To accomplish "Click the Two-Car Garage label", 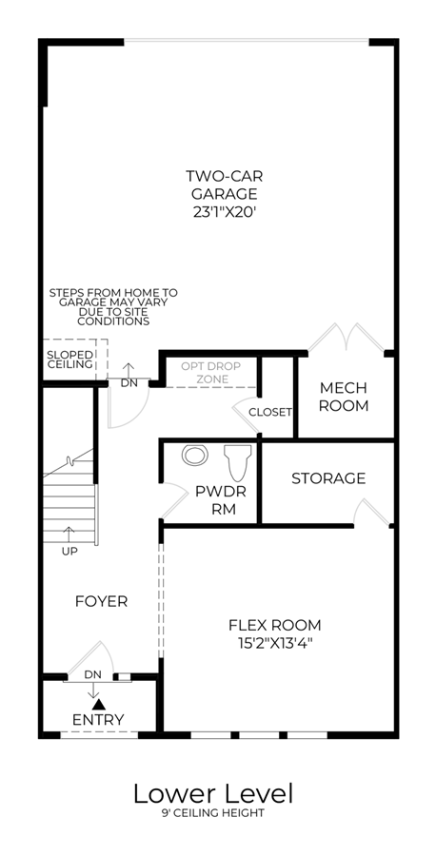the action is pos(225,185).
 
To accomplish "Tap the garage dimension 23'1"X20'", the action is pos(225,212).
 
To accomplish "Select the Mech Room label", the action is pos(344,397).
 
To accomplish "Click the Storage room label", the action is pos(328,478).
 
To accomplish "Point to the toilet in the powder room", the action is pos(238,462).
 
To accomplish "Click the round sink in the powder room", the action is pos(194,456).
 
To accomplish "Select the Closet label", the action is pos(270,412).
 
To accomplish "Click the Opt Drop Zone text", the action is pos(211,372).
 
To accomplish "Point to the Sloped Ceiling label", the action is pos(69,359).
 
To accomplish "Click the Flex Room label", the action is pos(275,625).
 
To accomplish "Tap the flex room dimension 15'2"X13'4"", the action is pos(275,643).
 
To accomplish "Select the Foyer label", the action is pos(101,602).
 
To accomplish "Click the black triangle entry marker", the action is pos(96,705).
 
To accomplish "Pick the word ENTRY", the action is pos(98,720).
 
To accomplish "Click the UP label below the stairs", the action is pos(69,552).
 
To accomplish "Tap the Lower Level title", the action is pos(213,794).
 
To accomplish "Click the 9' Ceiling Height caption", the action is pos(213,813).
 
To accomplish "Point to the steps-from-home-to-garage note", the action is pos(113,307).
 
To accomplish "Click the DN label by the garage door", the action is pos(129,383).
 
